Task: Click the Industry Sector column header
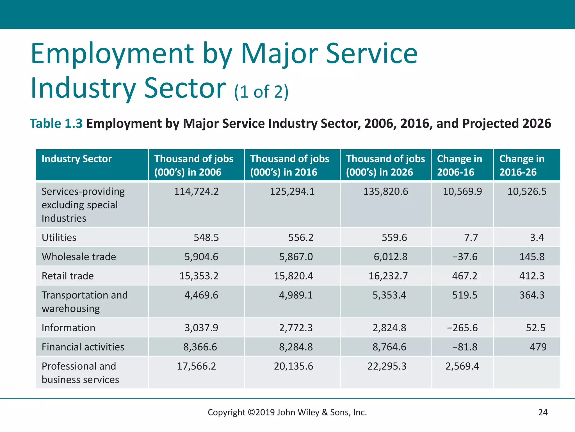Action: click(77, 159)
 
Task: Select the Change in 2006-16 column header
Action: click(459, 165)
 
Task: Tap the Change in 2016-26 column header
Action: click(522, 165)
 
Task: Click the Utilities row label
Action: click(59, 238)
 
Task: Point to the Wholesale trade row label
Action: click(79, 257)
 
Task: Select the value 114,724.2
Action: click(196, 192)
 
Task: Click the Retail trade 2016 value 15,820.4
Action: click(293, 276)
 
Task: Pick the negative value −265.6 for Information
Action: click(462, 328)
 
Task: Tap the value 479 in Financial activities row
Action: click(538, 347)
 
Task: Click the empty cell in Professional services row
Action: click(527, 372)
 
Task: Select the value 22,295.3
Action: click(387, 366)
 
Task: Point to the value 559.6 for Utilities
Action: click(394, 238)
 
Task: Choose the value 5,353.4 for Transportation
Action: click(389, 295)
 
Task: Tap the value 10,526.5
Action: click(527, 192)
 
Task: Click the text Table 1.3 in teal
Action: click(56, 124)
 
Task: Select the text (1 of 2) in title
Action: click(261, 92)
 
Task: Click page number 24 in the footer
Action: click(543, 412)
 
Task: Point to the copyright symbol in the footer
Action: click(251, 412)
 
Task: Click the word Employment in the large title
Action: click(112, 53)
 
